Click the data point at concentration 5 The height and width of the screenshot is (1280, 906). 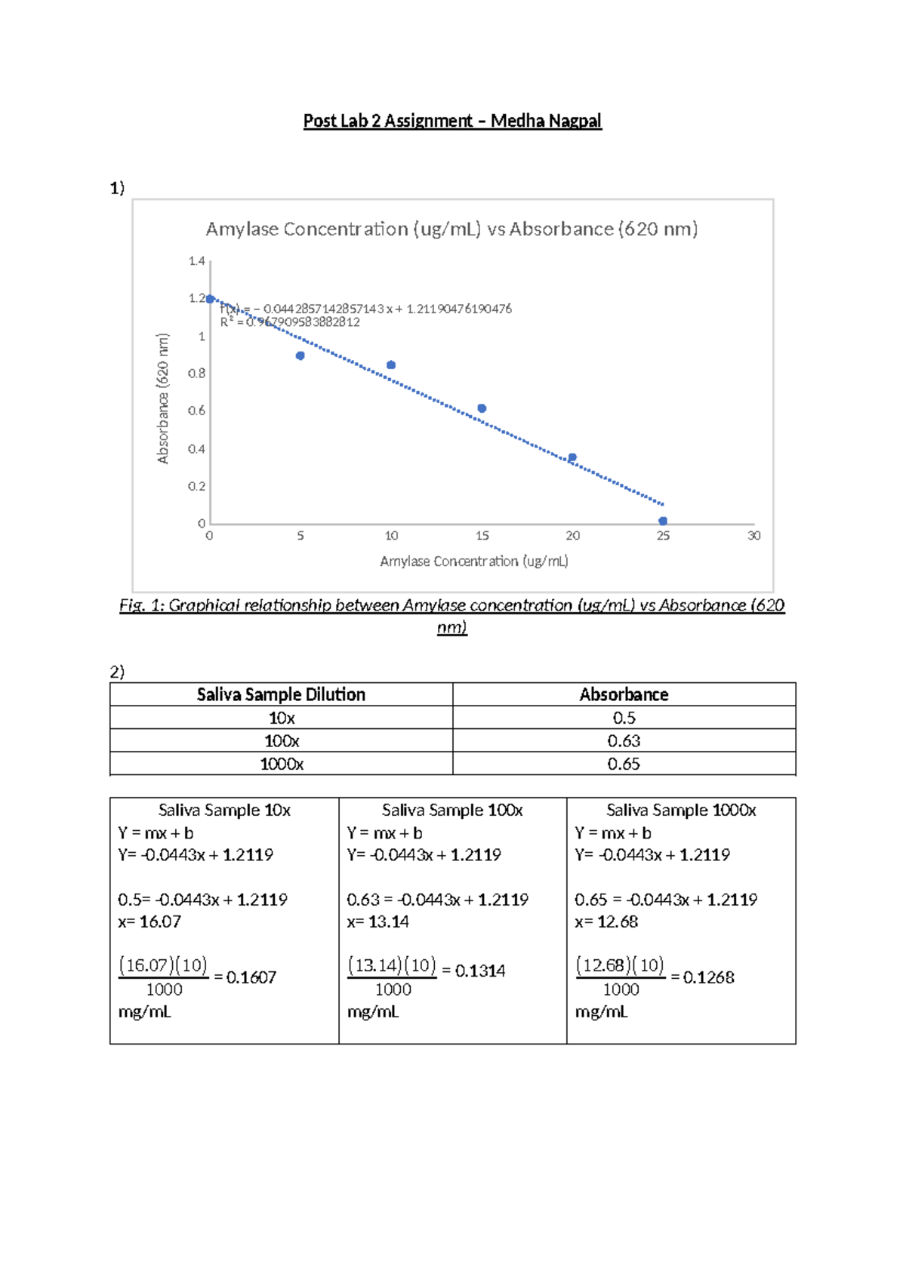[300, 355]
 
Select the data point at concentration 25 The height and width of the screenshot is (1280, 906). [663, 521]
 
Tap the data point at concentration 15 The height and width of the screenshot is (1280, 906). [482, 408]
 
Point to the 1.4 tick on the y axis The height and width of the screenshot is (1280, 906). [196, 261]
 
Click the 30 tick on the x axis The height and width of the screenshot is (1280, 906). [753, 536]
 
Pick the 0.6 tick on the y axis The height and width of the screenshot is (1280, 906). [196, 411]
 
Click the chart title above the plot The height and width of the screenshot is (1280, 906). [451, 229]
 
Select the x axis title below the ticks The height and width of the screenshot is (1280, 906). [474, 562]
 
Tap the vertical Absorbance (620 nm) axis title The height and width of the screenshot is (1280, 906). [163, 398]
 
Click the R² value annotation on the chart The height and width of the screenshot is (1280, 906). [291, 322]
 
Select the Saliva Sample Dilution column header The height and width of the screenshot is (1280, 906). [281, 694]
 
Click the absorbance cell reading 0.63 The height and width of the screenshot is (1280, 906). [624, 741]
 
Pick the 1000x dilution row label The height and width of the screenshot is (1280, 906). [282, 764]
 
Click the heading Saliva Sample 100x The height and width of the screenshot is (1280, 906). [452, 810]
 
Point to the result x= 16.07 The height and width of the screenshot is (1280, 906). [149, 922]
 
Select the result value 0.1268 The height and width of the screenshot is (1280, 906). [708, 977]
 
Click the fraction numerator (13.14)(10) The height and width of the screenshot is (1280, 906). [392, 965]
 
